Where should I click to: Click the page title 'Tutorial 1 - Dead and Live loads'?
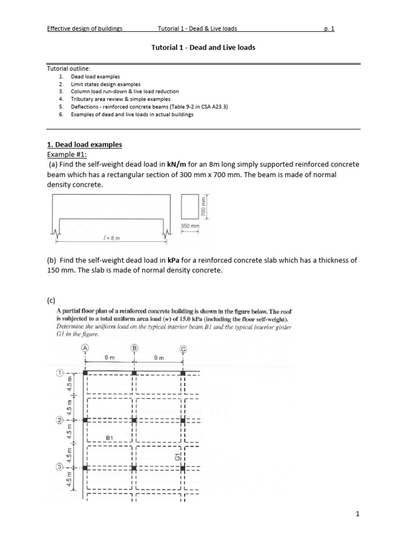tap(203, 47)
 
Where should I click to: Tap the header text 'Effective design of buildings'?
tap(85, 29)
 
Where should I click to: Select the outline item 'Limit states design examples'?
tap(106, 84)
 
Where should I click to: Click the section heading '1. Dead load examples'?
tap(84, 144)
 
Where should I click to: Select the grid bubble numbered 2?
tap(60, 420)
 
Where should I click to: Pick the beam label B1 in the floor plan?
tap(111, 437)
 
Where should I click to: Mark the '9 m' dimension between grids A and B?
tap(110, 358)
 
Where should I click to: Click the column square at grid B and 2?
tap(134, 420)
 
